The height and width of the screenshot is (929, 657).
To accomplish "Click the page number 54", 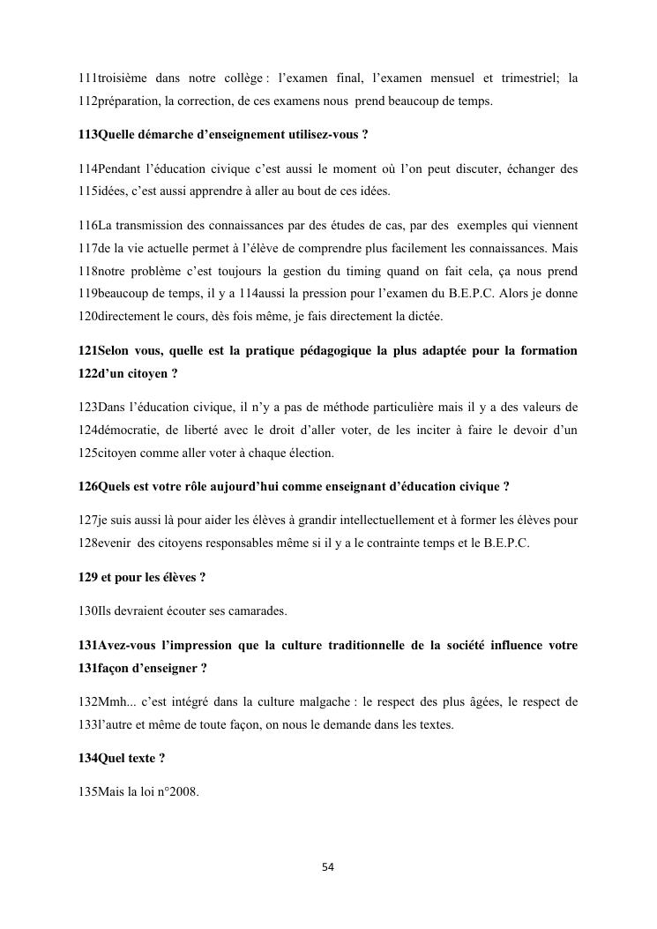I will tap(328, 867).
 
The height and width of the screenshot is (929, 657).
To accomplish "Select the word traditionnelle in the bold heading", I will tap(371, 645).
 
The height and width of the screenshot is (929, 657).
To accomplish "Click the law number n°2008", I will tap(177, 792).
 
